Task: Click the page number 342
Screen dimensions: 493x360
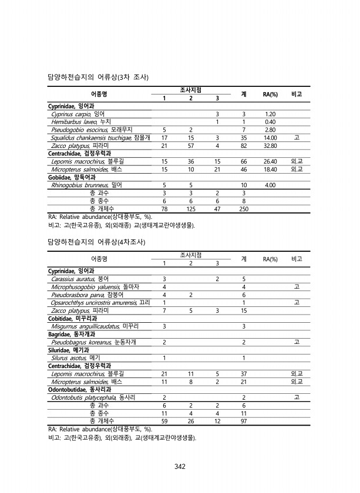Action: (x=180, y=467)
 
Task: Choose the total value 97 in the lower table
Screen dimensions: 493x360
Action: (x=243, y=421)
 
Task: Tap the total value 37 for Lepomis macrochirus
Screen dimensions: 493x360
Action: (x=243, y=373)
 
